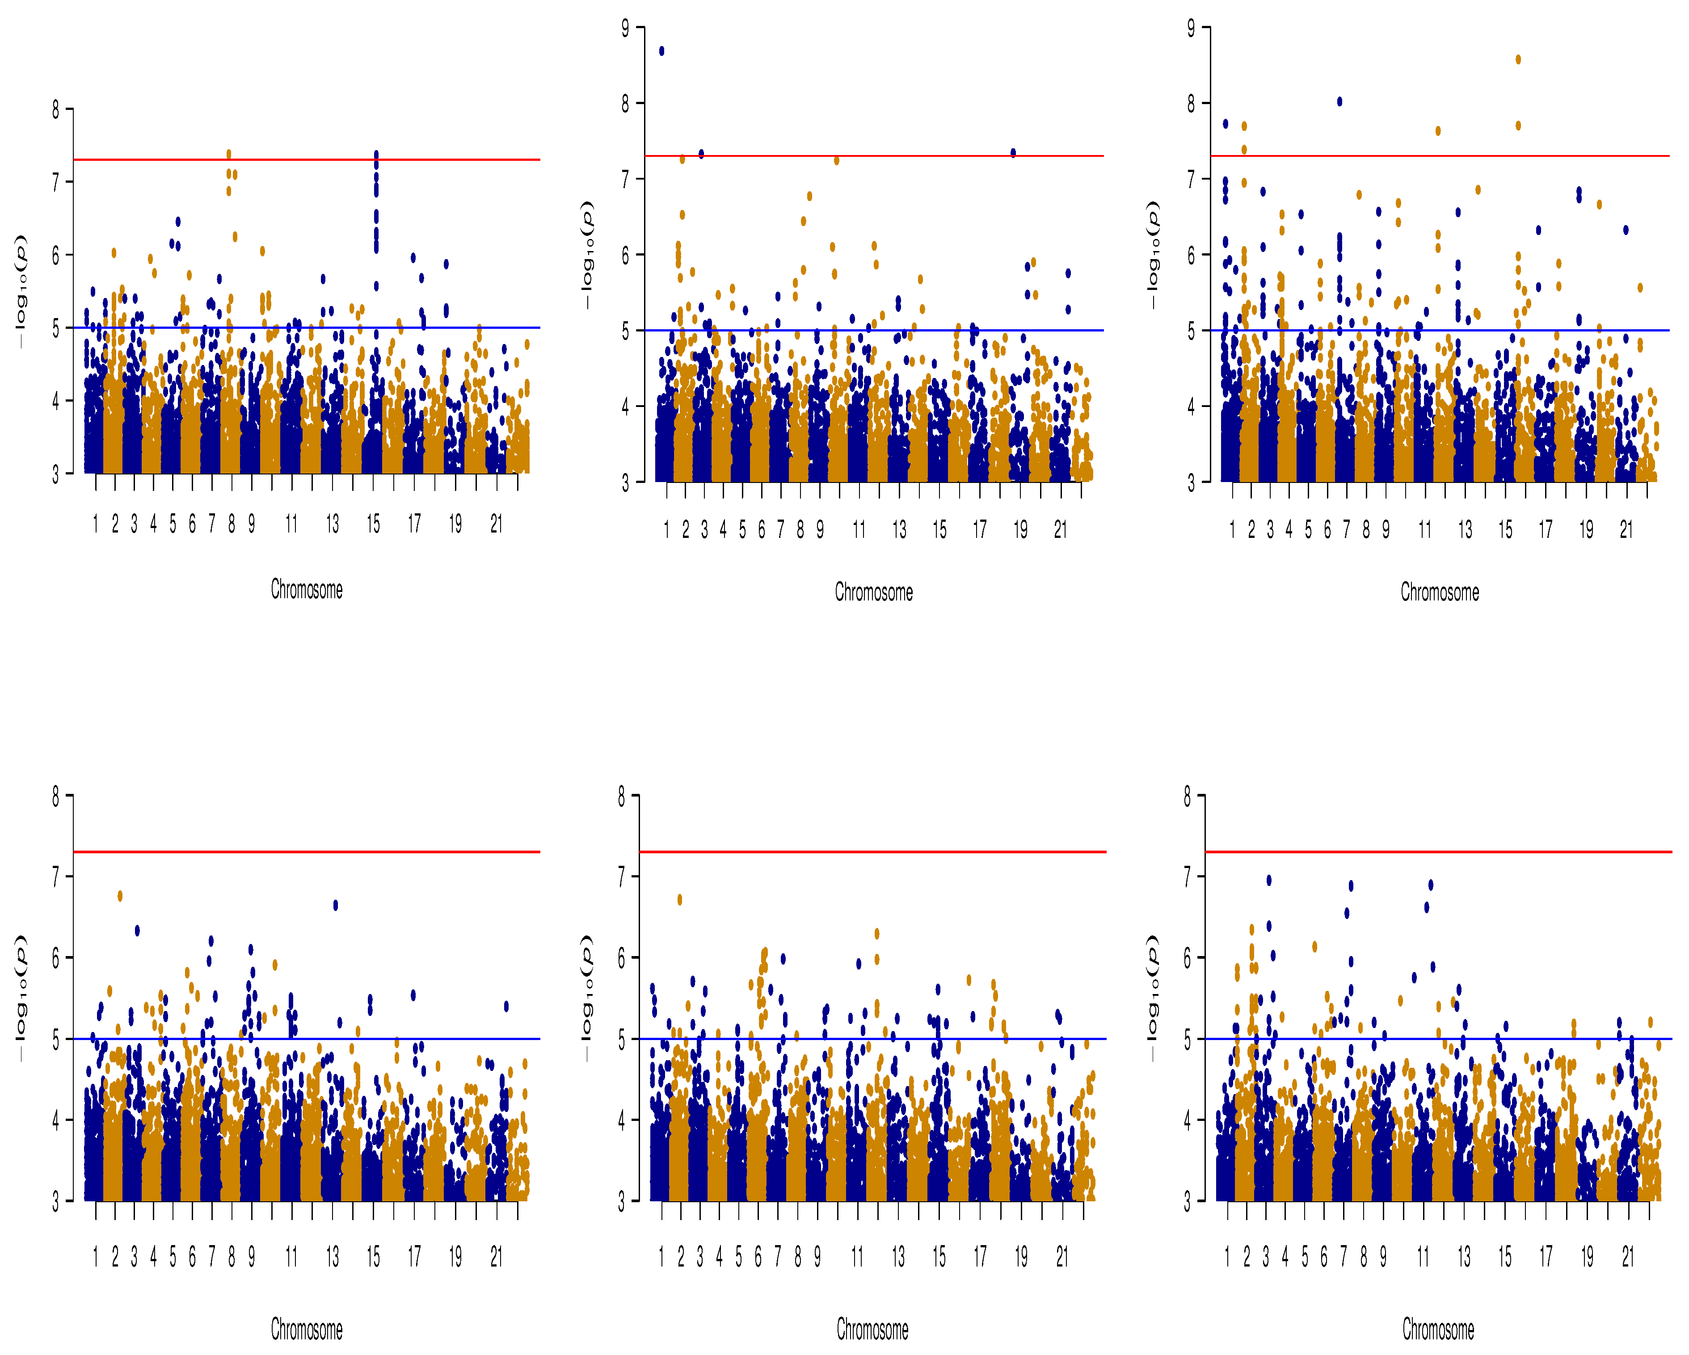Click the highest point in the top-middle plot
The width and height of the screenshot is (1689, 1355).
pos(662,51)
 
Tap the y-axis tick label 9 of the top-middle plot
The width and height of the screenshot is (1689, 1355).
pos(625,29)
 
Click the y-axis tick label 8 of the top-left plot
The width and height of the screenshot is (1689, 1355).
pos(55,109)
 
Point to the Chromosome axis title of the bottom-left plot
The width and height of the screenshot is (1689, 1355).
pos(306,1329)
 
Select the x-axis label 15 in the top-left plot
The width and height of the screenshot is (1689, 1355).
pos(373,524)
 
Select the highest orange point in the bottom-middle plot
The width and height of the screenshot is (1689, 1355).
pos(680,900)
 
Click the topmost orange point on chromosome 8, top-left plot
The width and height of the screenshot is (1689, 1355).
pos(229,154)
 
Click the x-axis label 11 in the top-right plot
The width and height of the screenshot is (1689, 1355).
pos(1424,530)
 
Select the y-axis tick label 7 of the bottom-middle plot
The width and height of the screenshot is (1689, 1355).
pos(621,877)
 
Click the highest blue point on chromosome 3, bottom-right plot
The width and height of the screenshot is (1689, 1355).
pos(1269,881)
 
